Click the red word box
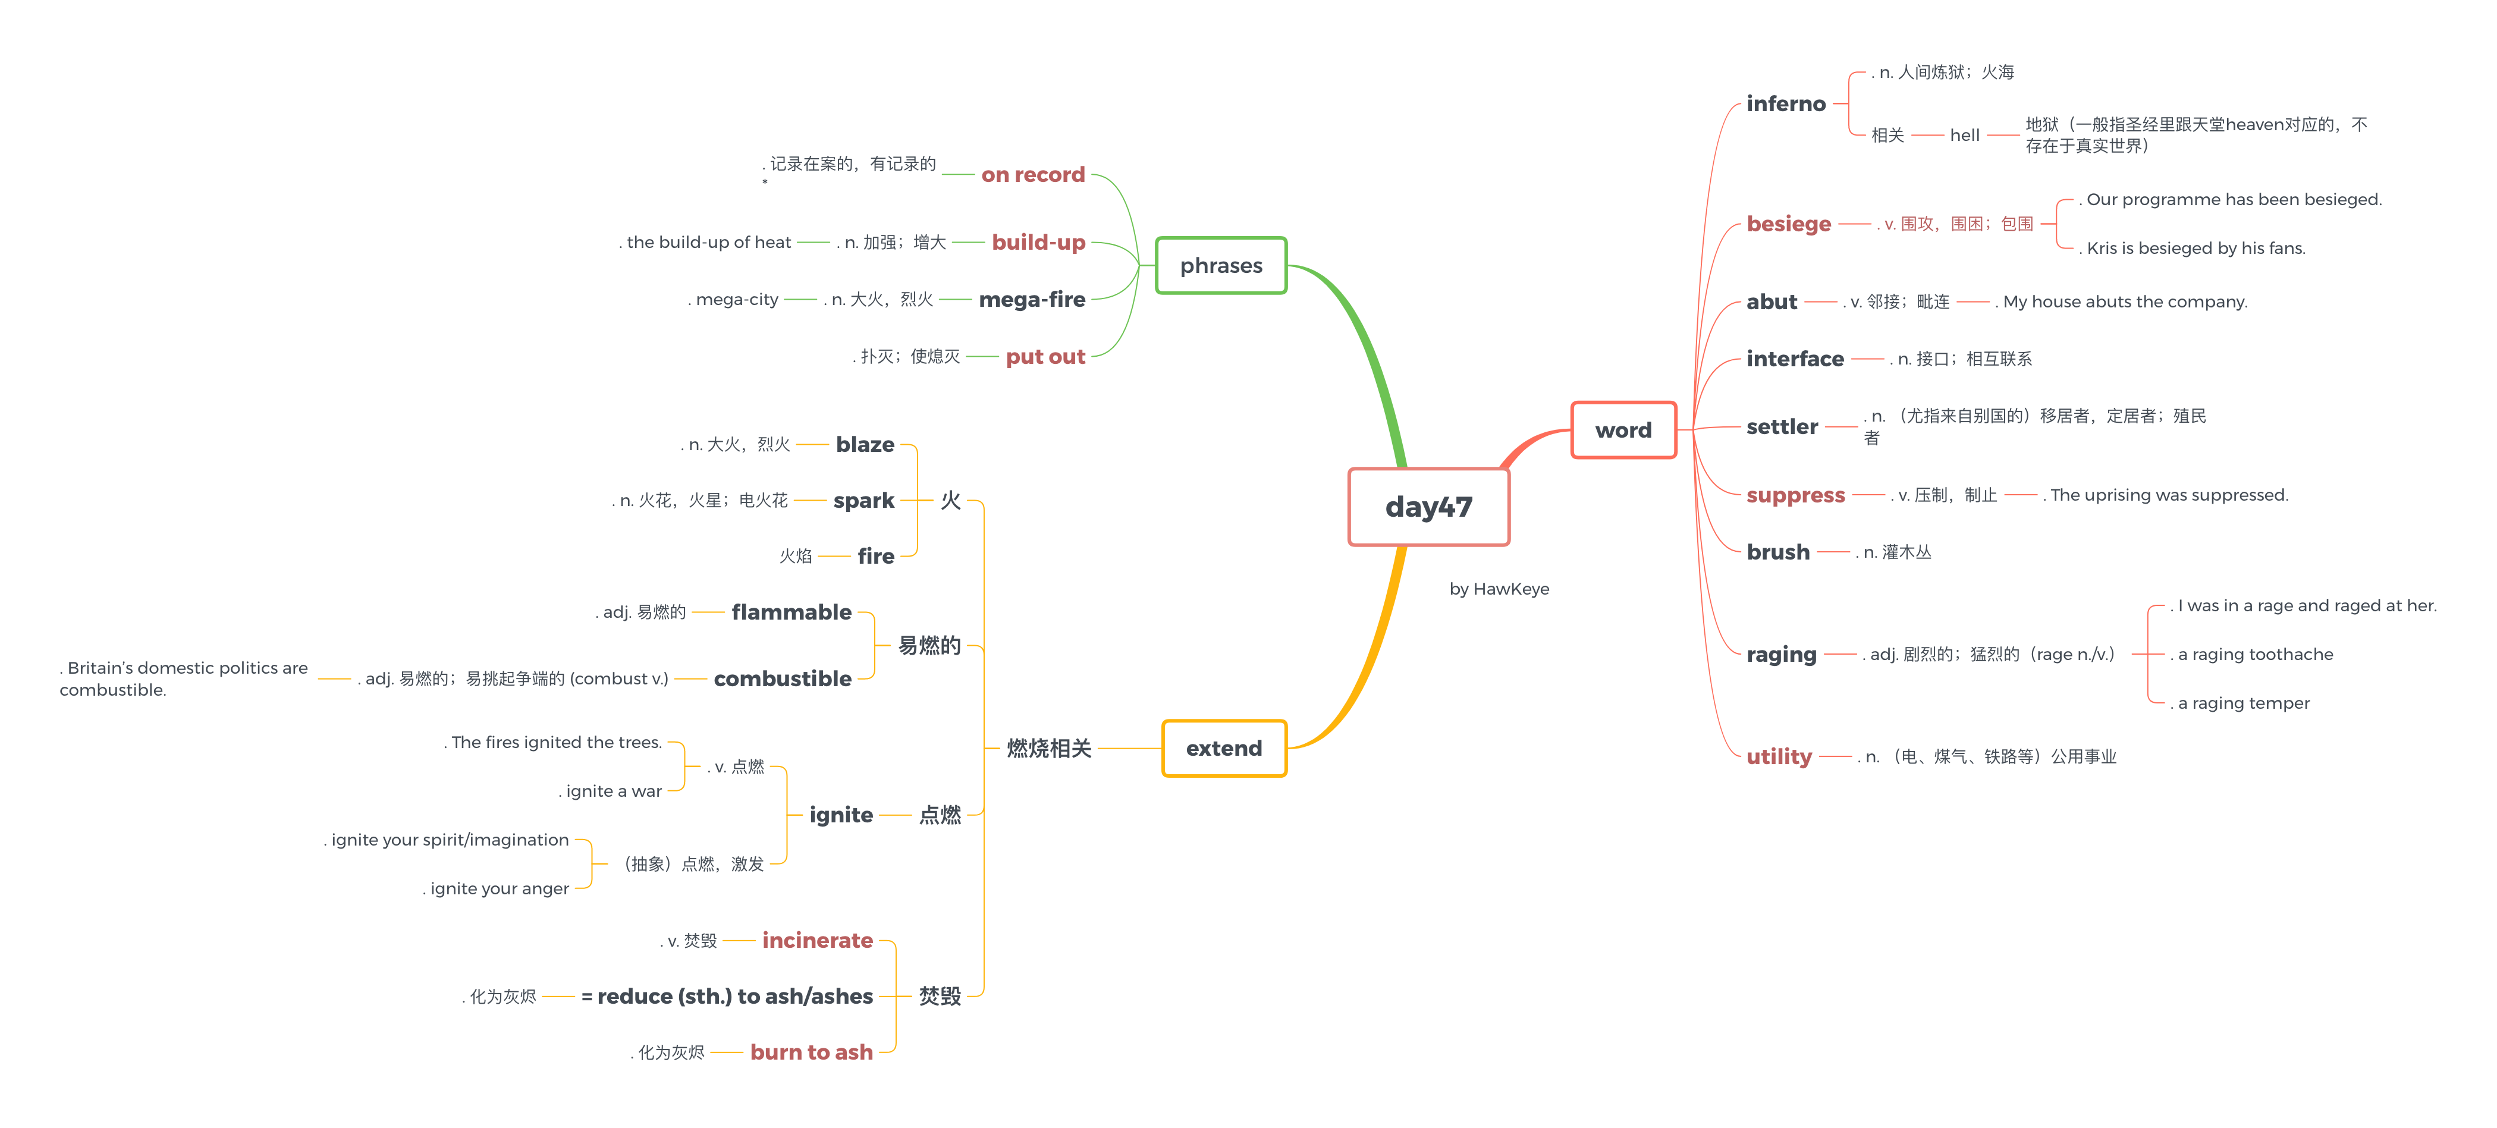pyautogui.click(x=1623, y=431)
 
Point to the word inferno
pyautogui.click(x=1786, y=103)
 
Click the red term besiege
pyautogui.click(x=1788, y=224)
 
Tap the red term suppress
pyautogui.click(x=1795, y=495)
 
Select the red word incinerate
pyautogui.click(x=817, y=941)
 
